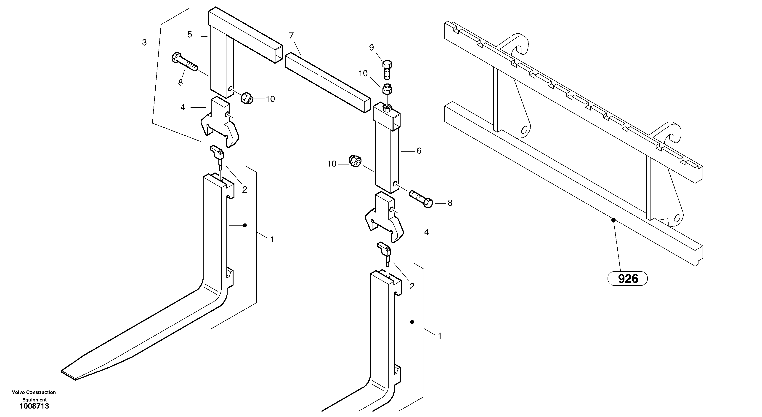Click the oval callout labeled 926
point(627,278)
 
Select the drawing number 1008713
point(34,406)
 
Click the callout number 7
point(291,36)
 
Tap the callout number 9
point(372,47)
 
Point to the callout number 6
point(419,151)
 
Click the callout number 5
point(190,35)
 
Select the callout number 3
point(144,43)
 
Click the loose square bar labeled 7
point(327,82)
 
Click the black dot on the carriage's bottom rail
point(613,220)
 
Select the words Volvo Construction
point(34,392)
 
